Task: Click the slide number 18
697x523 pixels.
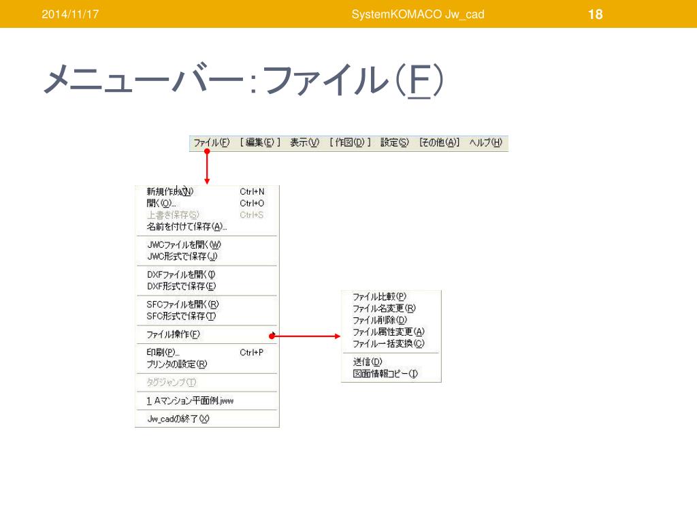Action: click(595, 14)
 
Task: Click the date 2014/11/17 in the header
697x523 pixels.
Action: click(70, 14)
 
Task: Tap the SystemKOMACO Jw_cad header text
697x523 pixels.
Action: click(418, 14)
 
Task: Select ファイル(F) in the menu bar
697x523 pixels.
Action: click(211, 143)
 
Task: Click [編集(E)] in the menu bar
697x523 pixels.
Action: click(260, 143)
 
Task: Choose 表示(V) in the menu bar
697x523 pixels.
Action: click(304, 143)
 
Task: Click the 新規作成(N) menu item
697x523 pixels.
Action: click(170, 192)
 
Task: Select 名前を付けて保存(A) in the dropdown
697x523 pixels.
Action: click(187, 227)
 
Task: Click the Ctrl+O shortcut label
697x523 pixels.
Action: click(252, 204)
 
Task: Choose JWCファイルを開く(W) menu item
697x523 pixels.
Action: click(184, 245)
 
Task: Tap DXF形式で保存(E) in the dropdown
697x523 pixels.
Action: click(181, 287)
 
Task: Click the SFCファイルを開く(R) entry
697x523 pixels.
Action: click(182, 304)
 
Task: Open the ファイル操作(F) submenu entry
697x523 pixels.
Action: click(174, 334)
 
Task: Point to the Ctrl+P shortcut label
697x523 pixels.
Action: click(252, 353)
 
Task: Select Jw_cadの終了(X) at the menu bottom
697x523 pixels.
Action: click(178, 419)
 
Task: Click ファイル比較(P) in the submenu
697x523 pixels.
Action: click(379, 297)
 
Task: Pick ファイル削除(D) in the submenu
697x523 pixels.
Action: click(380, 320)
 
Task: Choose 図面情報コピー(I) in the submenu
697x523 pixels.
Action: click(385, 374)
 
